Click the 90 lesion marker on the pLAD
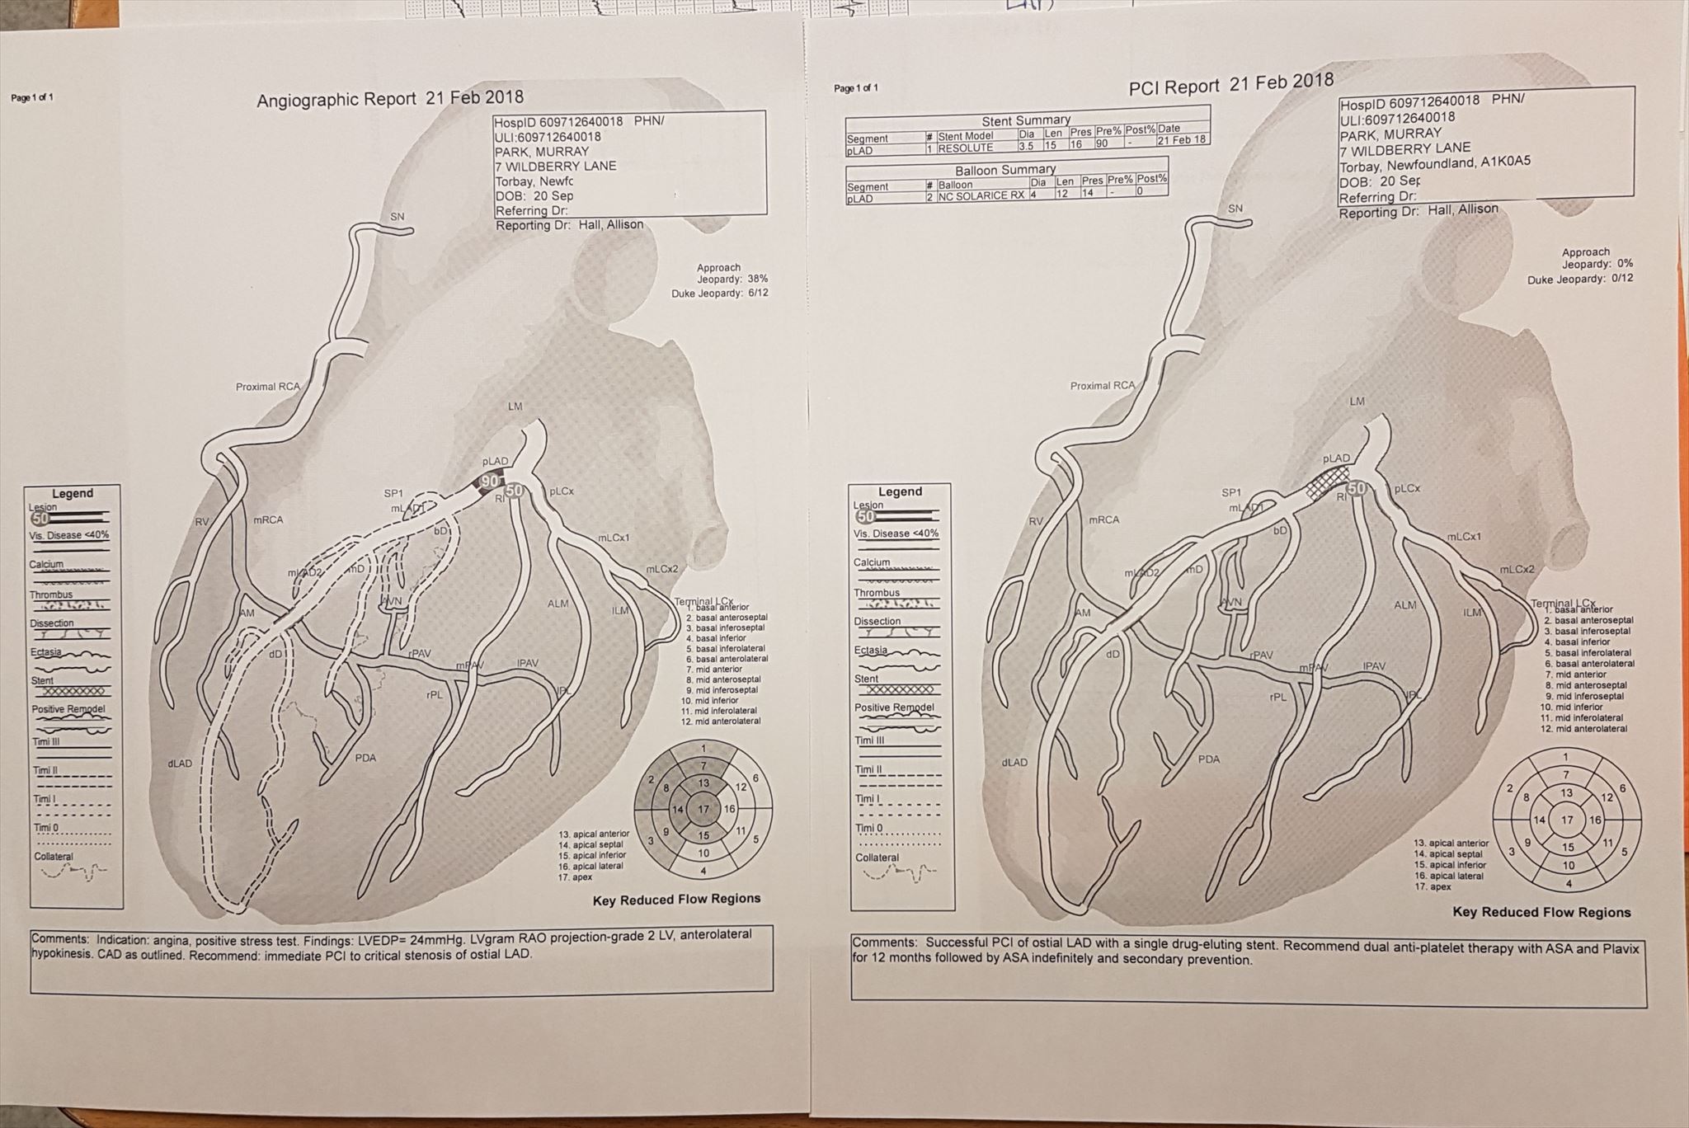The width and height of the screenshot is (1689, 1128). pos(490,482)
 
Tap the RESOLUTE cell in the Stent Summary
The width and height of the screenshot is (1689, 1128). pos(965,148)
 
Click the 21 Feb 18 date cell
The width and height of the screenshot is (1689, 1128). pos(1182,140)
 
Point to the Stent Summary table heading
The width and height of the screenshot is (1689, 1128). pos(1026,120)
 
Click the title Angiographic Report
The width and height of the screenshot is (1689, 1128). pos(336,101)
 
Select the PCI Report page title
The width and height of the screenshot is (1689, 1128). pos(1174,87)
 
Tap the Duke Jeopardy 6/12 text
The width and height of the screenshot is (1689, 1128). pos(720,294)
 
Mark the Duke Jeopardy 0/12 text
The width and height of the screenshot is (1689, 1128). pos(1579,280)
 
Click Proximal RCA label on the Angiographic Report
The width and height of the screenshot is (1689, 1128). pos(268,387)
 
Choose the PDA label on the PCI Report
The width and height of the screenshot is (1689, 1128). pos(1209,759)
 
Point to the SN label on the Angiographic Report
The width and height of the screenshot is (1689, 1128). pos(398,217)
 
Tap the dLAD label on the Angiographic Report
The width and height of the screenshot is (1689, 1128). pos(180,764)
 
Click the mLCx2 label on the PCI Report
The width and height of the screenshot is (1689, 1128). pos(1517,569)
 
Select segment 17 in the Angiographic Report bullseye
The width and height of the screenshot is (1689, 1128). pos(703,809)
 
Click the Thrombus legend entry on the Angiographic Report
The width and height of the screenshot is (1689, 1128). pos(51,595)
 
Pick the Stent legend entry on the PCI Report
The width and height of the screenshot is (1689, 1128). pos(867,679)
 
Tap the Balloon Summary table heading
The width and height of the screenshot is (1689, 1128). pos(1005,170)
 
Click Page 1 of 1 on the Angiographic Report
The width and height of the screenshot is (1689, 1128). pos(32,98)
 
